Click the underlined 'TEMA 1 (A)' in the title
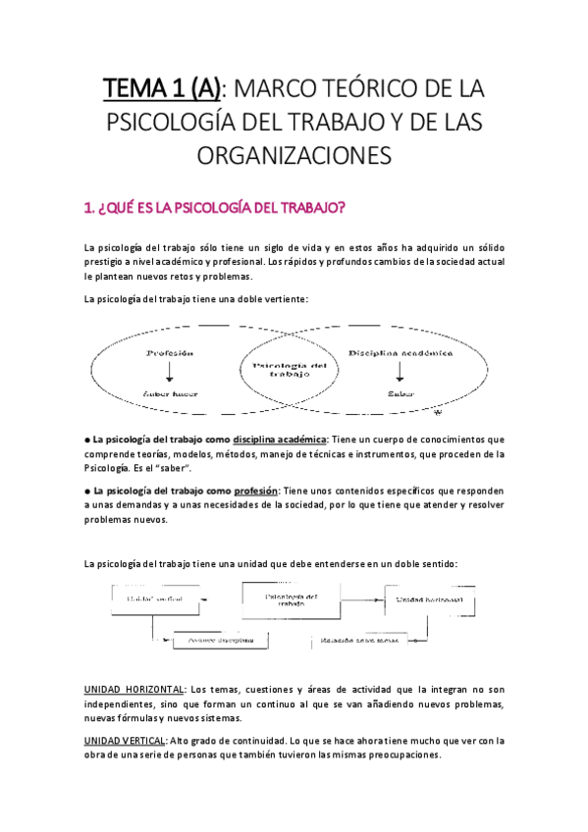click(162, 90)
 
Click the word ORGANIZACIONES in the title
click(294, 155)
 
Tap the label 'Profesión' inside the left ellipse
click(170, 352)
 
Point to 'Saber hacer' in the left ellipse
click(171, 392)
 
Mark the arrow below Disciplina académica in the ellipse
click(399, 372)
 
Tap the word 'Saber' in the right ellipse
click(399, 392)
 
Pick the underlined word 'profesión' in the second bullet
click(255, 490)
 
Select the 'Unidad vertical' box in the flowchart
click(148, 597)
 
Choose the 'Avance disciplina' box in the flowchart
click(222, 639)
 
